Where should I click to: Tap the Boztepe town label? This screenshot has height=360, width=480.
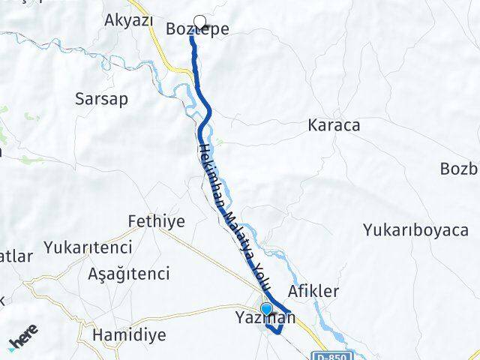coord(196,30)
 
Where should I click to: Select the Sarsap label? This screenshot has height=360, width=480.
coord(102,98)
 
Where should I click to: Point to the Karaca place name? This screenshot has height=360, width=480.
coord(334,124)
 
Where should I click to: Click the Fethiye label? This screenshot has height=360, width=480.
coord(156,221)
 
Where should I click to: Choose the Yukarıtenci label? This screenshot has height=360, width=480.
coord(88,247)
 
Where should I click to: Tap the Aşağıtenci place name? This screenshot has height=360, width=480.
coord(129,273)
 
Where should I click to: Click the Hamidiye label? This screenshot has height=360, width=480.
coord(128,334)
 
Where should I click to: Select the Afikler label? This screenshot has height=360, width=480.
coord(313,290)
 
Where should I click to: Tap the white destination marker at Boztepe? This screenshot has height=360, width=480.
coord(199,21)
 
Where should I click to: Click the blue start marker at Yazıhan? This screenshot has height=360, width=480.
coord(265,308)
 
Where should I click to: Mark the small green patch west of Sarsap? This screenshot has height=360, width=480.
coord(31,117)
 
